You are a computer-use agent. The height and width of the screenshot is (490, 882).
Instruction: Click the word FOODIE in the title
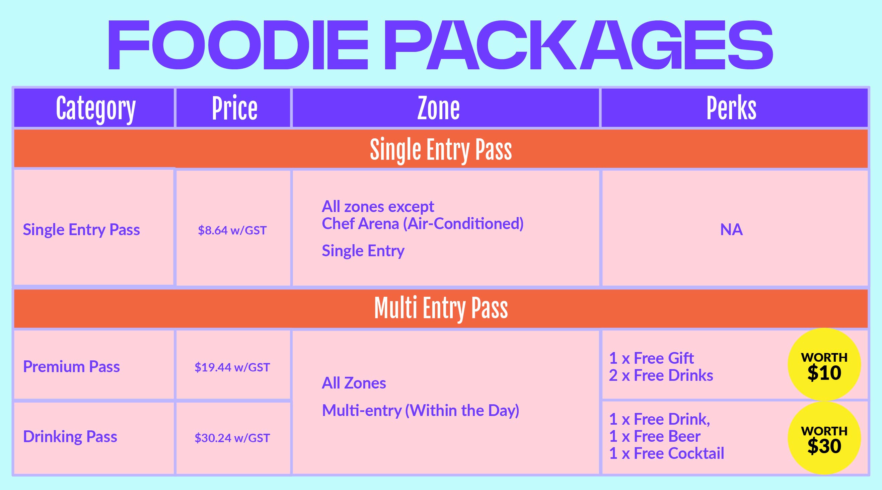pos(238,45)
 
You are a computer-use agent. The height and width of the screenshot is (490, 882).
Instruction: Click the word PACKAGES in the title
pos(578,45)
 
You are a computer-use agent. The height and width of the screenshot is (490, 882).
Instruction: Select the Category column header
pos(96,109)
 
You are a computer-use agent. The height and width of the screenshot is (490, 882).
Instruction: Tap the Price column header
pos(234,108)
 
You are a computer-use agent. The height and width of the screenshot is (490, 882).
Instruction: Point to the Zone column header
pos(439,108)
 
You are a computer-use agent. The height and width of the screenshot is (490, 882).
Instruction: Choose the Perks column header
pos(731,108)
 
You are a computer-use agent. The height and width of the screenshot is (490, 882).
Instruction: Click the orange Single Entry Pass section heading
pos(441,150)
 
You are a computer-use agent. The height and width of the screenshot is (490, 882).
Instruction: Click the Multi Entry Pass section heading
pos(441,308)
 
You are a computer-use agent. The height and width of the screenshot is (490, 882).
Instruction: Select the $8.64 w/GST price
pos(232,230)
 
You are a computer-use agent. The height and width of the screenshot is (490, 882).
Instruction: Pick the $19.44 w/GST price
pos(232,367)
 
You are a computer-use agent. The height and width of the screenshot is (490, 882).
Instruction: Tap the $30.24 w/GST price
pos(232,438)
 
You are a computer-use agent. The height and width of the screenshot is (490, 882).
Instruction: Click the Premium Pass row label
pos(71,366)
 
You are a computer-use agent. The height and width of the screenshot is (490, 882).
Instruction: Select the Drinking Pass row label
pos(70,437)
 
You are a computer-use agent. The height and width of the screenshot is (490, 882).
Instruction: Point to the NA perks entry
pos(731,229)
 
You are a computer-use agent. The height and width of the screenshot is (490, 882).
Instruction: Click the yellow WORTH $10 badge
pos(824,365)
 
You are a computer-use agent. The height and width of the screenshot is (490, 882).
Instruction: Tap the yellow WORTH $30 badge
pos(824,438)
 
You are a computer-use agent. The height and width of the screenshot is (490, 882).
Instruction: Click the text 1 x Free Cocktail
pos(667,453)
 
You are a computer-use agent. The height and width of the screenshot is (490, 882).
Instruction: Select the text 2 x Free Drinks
pos(661,375)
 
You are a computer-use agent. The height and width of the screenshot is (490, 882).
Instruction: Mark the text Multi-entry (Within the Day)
pos(421,411)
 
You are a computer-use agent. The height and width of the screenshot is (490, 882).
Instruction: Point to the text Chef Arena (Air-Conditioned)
pos(423,224)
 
